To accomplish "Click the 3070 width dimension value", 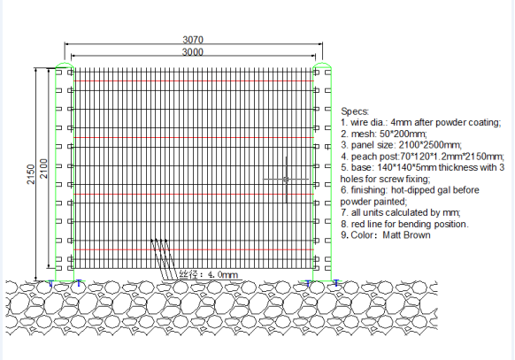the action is point(193,40).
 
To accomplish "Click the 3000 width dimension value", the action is point(193,52).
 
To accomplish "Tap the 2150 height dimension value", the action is point(31,174).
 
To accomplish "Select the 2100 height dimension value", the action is point(43,169).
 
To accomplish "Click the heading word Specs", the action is point(355,111).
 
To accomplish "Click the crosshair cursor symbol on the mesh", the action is point(286,180).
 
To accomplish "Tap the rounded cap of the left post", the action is point(65,65).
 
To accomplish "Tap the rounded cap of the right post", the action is point(322,65).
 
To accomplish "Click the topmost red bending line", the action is point(194,80).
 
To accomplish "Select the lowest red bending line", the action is point(194,249).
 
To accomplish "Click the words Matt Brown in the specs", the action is point(407,235).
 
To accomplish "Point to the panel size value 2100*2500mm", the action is point(430,145).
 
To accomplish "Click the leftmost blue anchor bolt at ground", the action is point(50,283).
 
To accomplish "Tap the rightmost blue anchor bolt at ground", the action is point(336,283).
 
